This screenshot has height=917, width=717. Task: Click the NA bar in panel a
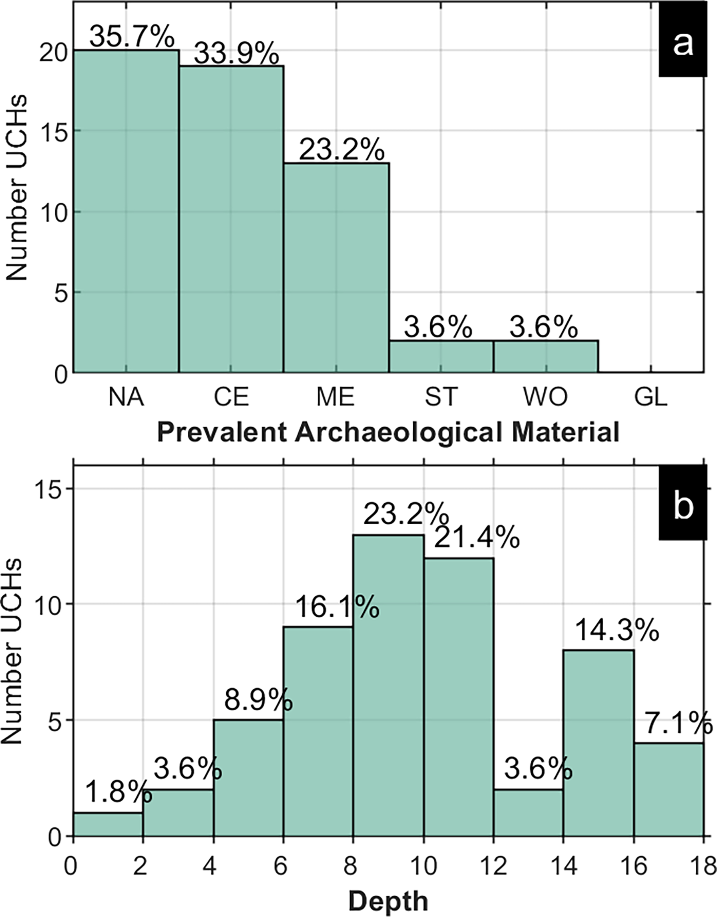pos(127,210)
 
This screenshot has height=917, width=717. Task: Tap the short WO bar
pos(546,356)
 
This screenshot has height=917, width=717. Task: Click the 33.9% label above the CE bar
pos(236,54)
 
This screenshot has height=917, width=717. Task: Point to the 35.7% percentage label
pos(131,37)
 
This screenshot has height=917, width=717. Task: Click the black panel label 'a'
pos(683,44)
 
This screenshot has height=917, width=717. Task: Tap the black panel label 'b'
pos(683,507)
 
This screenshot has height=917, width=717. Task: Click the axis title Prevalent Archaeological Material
pos(388,432)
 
